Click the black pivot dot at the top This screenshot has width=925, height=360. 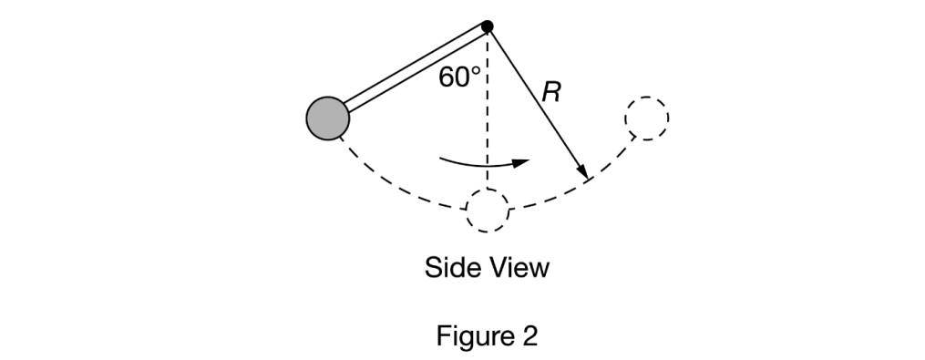pos(488,26)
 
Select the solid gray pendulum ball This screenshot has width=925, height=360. pos(327,119)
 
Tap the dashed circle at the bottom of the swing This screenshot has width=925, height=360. pos(488,211)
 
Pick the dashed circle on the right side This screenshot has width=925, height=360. pos(647,118)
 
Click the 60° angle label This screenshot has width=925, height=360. pos(458,77)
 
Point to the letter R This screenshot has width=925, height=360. pos(550,91)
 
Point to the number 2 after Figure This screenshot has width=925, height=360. pos(529,336)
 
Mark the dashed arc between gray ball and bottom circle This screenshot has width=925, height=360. pos(392,187)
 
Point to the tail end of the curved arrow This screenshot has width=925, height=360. pos(442,159)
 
